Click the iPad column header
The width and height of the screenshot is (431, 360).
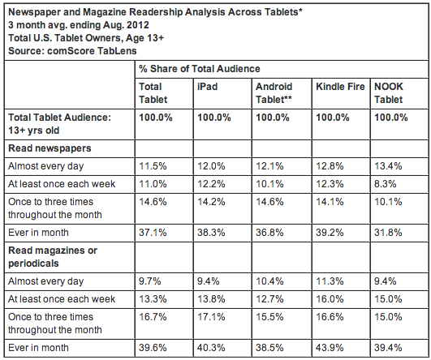click(x=208, y=87)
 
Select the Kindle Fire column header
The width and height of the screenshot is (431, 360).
click(x=340, y=87)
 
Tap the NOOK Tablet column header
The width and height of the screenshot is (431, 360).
click(x=389, y=93)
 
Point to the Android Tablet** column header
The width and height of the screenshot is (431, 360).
click(x=274, y=93)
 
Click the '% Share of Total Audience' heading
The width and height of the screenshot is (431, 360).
click(x=200, y=69)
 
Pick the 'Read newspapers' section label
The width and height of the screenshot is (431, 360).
click(x=50, y=148)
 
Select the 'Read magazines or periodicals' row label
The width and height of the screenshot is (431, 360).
click(x=53, y=257)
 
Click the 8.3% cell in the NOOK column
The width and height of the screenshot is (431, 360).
click(x=385, y=184)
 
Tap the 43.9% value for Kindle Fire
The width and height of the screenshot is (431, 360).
click(x=330, y=348)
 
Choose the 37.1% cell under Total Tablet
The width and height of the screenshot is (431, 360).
click(x=153, y=233)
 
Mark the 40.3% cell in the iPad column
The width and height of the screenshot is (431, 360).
click(x=211, y=348)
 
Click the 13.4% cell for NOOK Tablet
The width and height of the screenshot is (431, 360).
click(x=388, y=166)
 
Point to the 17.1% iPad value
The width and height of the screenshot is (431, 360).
click(x=211, y=317)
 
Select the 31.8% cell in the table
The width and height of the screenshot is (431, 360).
click(x=388, y=233)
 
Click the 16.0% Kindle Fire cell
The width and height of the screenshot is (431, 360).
click(x=330, y=299)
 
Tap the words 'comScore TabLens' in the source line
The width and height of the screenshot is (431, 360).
click(x=92, y=51)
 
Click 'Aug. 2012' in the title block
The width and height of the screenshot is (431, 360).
click(x=126, y=25)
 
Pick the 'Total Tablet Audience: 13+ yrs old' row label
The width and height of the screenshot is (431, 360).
click(x=59, y=124)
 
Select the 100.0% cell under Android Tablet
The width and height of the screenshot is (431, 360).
click(x=273, y=118)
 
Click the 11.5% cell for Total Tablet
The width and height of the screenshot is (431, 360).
click(x=153, y=166)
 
